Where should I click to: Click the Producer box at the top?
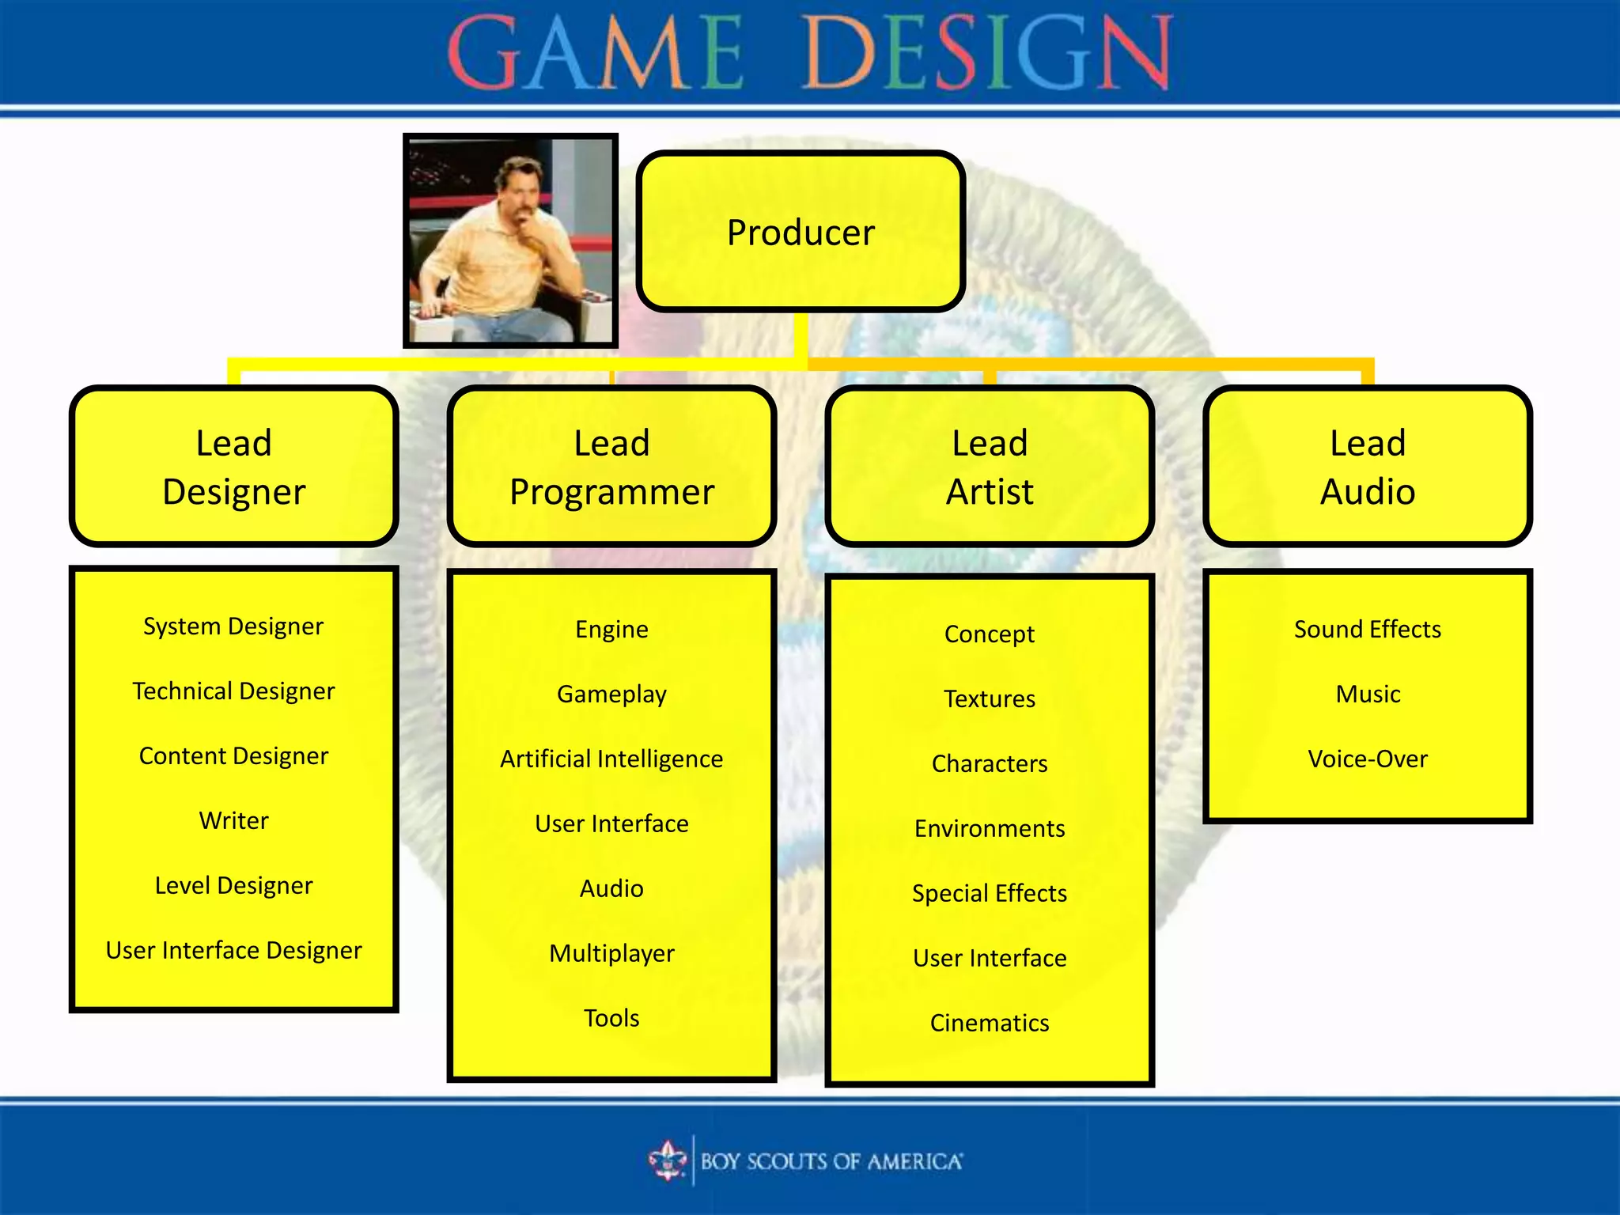(x=801, y=232)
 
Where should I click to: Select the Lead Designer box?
(x=233, y=467)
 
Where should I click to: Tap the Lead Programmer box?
(x=611, y=467)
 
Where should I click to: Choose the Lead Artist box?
(x=990, y=467)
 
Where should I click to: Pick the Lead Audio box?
(x=1368, y=467)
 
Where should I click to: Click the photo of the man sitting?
(x=510, y=240)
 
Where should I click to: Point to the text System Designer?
(x=233, y=626)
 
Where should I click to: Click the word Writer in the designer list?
(x=233, y=821)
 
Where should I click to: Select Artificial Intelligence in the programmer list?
(x=611, y=759)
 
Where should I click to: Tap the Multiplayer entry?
(x=611, y=954)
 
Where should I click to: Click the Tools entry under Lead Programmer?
(x=611, y=1018)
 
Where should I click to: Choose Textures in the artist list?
(x=990, y=699)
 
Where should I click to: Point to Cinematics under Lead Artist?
(x=990, y=1024)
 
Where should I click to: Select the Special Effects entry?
(x=990, y=894)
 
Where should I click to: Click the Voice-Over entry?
(x=1368, y=759)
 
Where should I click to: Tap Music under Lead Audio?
(x=1368, y=695)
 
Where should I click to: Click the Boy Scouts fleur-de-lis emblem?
(x=668, y=1161)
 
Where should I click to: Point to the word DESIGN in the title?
(x=987, y=54)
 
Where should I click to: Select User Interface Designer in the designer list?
(x=233, y=951)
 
